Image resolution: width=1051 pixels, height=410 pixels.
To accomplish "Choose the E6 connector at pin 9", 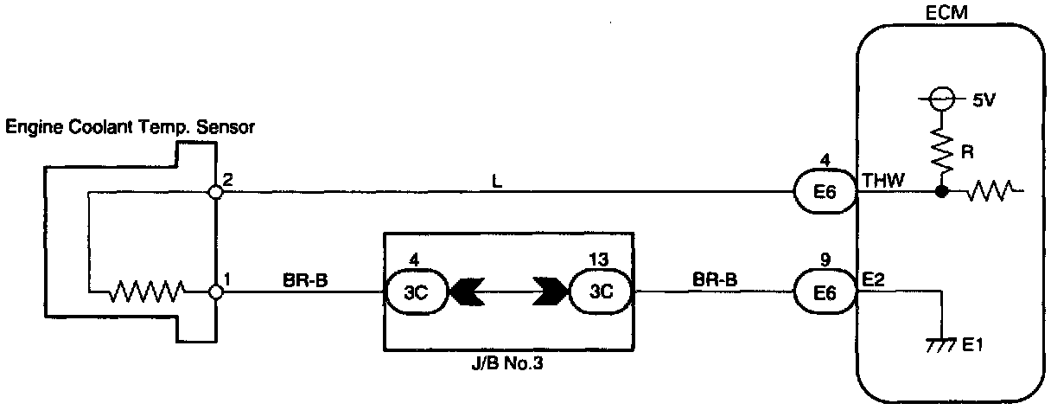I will click(825, 292).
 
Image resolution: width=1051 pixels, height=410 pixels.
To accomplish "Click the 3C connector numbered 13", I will click(600, 292).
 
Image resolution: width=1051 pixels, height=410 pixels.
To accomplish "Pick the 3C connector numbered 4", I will click(415, 292).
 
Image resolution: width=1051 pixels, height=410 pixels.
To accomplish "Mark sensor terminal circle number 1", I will click(216, 292).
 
